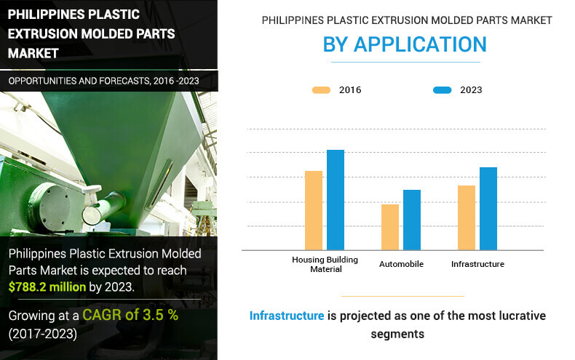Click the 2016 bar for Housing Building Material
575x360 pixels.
click(314, 210)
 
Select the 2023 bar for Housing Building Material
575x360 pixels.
click(336, 200)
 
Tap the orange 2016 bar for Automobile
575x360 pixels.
click(390, 227)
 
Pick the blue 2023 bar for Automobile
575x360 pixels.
click(412, 220)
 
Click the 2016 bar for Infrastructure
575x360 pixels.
click(467, 217)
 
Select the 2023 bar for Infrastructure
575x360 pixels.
click(488, 209)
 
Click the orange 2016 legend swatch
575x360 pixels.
click(321, 90)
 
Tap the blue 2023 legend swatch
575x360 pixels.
click(443, 90)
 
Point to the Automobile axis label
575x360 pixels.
click(401, 264)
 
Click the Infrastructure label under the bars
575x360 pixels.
click(477, 264)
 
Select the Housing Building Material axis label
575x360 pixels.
click(325, 264)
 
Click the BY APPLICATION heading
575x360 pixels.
click(405, 44)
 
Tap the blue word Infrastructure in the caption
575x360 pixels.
click(287, 316)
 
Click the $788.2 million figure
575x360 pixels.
click(47, 287)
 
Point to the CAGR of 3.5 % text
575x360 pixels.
click(130, 315)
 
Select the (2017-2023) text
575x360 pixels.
click(43, 334)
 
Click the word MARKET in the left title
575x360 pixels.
click(33, 54)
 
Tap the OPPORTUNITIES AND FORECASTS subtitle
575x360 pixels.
click(104, 81)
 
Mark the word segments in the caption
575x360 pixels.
click(397, 335)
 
